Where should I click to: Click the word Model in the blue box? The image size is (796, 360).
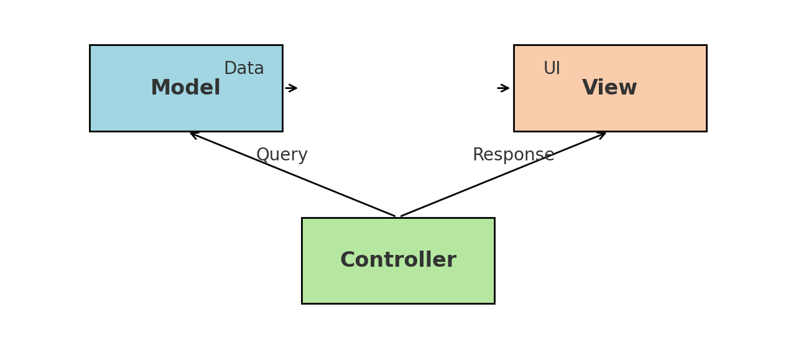coord(185,88)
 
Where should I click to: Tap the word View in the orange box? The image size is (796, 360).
coord(609,88)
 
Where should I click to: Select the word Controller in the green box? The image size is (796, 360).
coord(398,261)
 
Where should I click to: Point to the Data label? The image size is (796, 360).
coord(244,69)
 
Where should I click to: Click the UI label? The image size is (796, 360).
coord(552,69)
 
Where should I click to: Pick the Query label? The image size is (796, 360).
coord(282,155)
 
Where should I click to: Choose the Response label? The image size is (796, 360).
coord(513,155)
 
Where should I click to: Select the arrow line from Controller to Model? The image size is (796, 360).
coord(292,174)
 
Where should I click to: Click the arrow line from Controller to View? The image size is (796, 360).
coord(504,174)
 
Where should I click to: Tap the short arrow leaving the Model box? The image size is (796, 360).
coord(291,88)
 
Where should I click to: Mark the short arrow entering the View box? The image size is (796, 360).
coord(503,88)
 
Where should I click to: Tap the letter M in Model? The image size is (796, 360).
coord(160,88)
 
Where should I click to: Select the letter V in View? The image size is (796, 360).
coord(590,88)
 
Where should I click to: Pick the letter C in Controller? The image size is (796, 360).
coord(348,261)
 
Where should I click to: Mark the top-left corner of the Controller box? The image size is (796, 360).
coord(302,218)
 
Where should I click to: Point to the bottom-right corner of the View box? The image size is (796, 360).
coord(706,131)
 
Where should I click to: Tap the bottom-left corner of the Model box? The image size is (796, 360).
coord(90,131)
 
